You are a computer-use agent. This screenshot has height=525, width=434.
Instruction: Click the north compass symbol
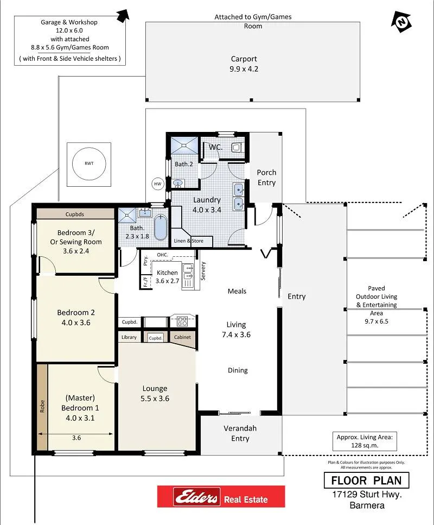(401, 22)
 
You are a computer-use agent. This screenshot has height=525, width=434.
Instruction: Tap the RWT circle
(89, 164)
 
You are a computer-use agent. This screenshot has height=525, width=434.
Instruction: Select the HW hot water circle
(158, 184)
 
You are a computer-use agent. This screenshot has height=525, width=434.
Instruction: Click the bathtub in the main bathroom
(161, 227)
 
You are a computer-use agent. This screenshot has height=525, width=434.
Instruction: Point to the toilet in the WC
(237, 147)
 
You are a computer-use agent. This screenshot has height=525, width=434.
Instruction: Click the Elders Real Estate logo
(221, 496)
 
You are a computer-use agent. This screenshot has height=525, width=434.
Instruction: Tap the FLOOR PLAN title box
(366, 480)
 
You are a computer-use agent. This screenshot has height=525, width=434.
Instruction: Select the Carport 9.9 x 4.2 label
(244, 64)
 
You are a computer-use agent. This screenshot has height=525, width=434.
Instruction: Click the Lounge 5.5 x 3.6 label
(155, 394)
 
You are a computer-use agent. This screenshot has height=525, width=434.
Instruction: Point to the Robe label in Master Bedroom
(42, 406)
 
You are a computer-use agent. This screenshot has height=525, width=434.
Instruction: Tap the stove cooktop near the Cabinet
(182, 321)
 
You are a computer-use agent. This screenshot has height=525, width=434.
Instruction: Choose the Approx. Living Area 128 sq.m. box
(365, 441)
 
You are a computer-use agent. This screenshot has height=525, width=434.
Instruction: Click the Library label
(129, 337)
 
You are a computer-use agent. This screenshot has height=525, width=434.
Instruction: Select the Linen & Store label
(188, 241)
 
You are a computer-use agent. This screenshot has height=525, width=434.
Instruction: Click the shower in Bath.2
(184, 146)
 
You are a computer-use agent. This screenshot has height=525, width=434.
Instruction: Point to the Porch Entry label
(266, 178)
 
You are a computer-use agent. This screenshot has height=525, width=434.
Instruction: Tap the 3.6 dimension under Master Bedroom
(76, 438)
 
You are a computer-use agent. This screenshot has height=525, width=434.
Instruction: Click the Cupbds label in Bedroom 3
(75, 214)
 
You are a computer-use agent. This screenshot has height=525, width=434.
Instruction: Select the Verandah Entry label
(240, 433)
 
